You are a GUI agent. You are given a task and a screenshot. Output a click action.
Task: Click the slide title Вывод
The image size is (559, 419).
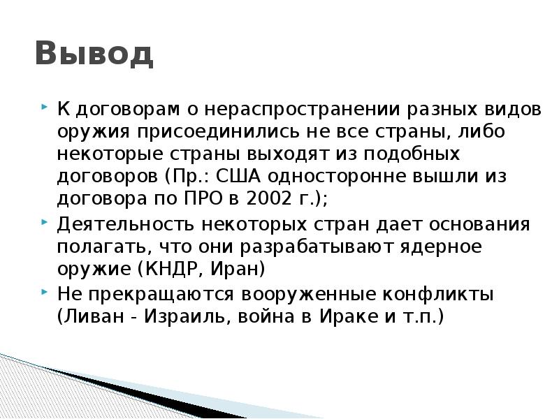pyautogui.click(x=94, y=54)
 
